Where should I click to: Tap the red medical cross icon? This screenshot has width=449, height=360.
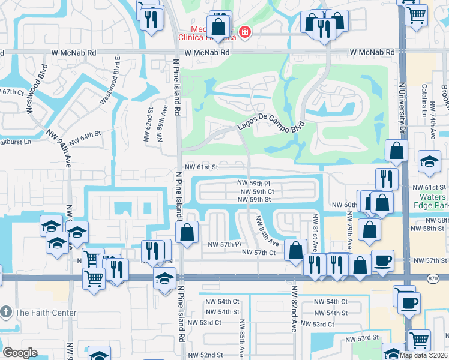tap(244, 32)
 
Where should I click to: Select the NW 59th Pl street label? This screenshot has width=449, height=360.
tap(253, 182)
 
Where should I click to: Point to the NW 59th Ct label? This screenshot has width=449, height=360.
tap(257, 191)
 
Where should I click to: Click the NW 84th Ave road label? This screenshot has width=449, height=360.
tap(267, 231)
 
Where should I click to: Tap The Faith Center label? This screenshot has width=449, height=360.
tap(46, 313)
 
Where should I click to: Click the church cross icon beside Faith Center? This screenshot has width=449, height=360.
tap(6, 312)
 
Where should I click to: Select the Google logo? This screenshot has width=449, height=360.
tap(20, 352)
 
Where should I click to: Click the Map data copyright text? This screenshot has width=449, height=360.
tap(423, 355)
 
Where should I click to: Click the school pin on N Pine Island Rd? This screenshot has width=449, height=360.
tap(164, 280)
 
